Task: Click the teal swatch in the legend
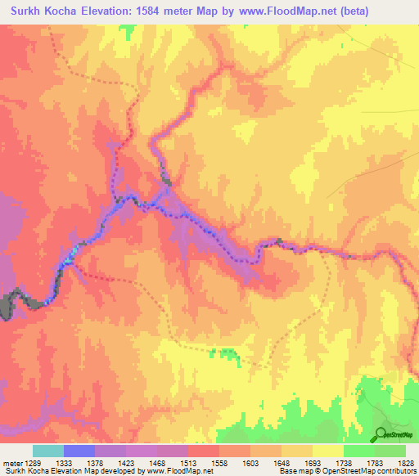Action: point(47,451)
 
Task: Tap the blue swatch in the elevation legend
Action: point(79,451)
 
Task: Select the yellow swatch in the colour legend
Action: point(327,451)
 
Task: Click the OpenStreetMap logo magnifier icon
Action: point(381,433)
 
